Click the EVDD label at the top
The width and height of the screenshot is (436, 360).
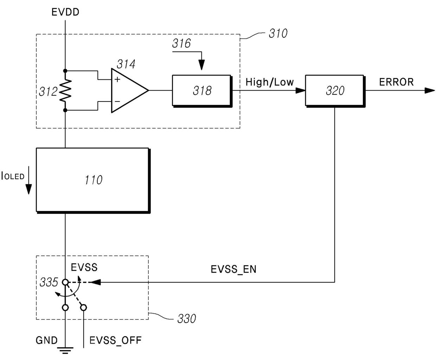(x=65, y=12)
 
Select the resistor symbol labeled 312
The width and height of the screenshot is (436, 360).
(x=65, y=91)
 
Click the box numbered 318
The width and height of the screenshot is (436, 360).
(x=202, y=91)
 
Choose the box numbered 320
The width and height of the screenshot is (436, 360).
(x=335, y=91)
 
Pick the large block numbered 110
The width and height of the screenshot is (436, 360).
(x=93, y=180)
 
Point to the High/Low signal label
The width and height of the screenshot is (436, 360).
(x=269, y=82)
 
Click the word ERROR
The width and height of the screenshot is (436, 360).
(x=396, y=82)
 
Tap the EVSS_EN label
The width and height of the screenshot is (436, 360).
(x=233, y=269)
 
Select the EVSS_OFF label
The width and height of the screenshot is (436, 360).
(x=115, y=340)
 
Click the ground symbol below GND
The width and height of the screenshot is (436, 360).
(x=65, y=350)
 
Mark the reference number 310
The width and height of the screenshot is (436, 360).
(x=278, y=34)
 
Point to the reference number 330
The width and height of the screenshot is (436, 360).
(x=186, y=319)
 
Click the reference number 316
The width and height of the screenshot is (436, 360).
(x=181, y=44)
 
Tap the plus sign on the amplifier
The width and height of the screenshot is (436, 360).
(x=117, y=80)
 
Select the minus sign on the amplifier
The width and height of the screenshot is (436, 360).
(x=117, y=102)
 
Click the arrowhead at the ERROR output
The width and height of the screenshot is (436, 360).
(x=429, y=91)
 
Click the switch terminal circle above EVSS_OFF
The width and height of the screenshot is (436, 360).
(x=84, y=308)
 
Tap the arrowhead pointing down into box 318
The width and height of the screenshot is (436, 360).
(x=201, y=66)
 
